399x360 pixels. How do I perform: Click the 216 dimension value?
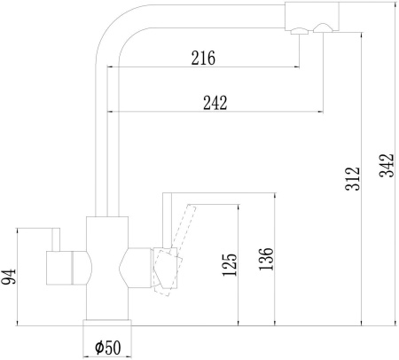[203, 58]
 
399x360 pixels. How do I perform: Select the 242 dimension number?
[215, 103]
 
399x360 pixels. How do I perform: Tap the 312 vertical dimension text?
[353, 178]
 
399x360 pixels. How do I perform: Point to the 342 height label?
[387, 165]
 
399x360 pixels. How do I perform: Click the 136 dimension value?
[266, 259]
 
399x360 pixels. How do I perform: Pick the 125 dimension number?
[230, 265]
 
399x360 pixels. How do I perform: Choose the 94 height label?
[8, 277]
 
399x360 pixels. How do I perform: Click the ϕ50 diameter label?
[108, 348]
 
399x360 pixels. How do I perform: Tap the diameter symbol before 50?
[99, 347]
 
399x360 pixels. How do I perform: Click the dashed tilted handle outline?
[175, 251]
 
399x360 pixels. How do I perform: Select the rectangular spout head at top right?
[312, 16]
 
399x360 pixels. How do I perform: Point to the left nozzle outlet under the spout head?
[300, 31]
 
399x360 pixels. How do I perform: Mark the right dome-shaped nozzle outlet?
[323, 28]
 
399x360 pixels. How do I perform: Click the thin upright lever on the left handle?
[56, 239]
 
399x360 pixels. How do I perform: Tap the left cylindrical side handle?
[68, 268]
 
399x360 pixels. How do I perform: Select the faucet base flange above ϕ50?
[107, 323]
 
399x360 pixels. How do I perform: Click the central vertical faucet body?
[107, 268]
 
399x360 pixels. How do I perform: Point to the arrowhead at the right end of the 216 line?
[296, 67]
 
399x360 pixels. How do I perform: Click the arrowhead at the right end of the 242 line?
[320, 112]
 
